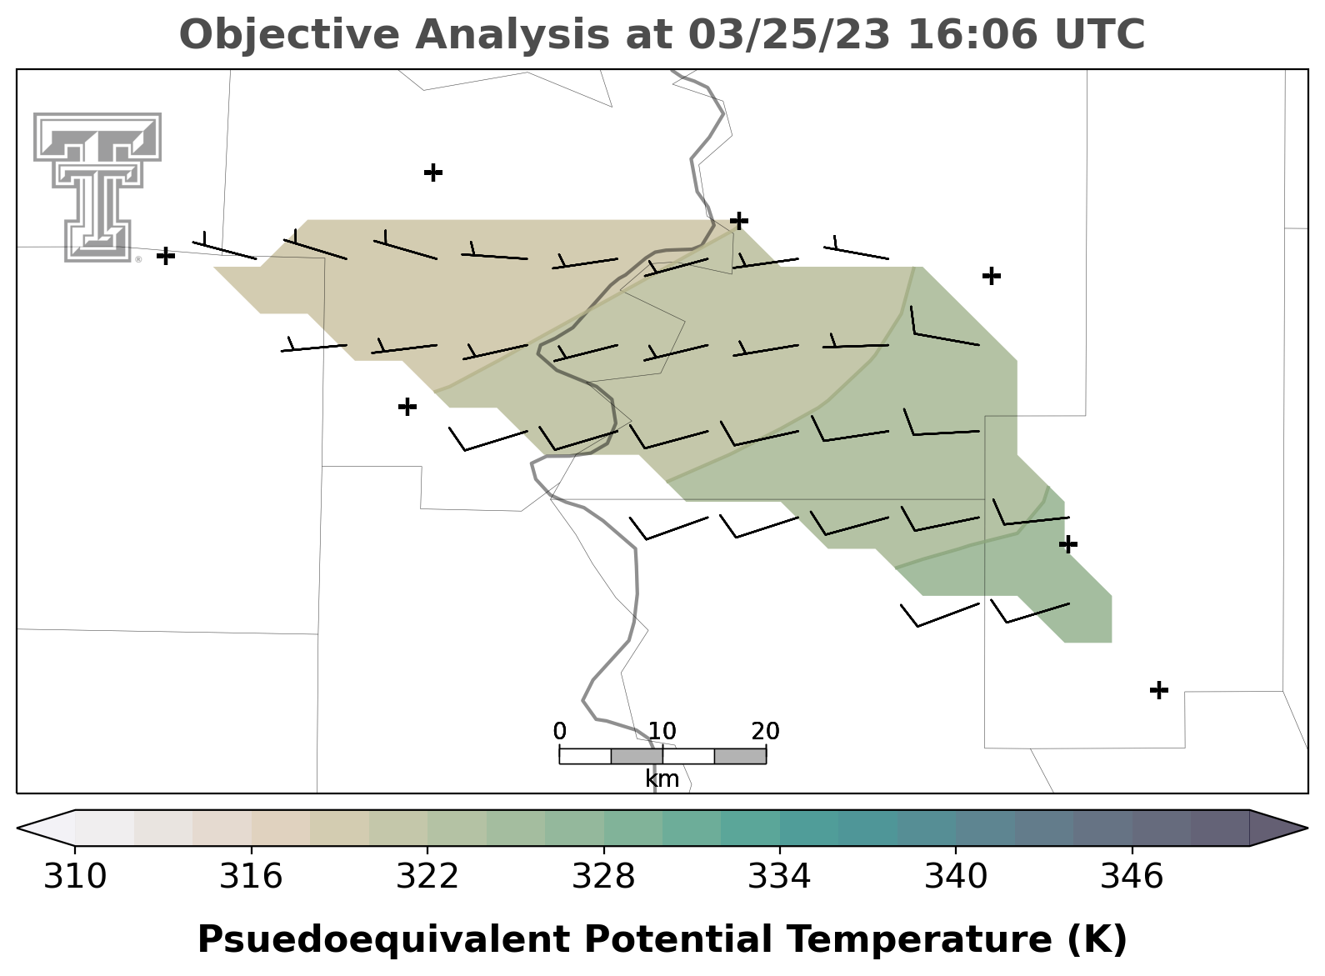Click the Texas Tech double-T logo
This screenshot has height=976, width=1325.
(97, 187)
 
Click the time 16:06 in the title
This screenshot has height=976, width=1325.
(972, 34)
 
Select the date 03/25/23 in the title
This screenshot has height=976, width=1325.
(790, 34)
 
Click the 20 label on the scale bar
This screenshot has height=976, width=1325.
(766, 732)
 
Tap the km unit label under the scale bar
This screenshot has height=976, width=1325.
(662, 779)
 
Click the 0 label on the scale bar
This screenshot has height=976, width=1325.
(559, 732)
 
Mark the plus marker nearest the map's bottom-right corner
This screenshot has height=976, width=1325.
(1159, 690)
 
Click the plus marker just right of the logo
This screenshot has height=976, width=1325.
(166, 256)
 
